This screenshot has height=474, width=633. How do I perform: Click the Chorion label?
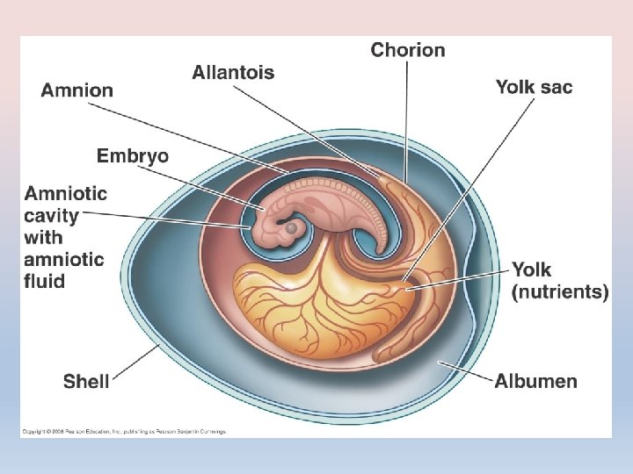point(408,49)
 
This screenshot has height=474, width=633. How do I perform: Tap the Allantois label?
point(233,73)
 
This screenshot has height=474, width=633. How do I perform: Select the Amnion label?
point(77,90)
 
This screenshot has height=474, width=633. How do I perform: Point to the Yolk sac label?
point(534,86)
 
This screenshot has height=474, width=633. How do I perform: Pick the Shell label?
point(86,381)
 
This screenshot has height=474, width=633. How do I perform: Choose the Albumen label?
point(535,381)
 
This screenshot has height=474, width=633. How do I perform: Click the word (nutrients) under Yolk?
point(560,292)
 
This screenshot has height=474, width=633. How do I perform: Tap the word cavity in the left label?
point(52,216)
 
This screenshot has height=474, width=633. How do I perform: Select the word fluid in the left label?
point(44,281)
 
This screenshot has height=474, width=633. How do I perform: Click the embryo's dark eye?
point(292,227)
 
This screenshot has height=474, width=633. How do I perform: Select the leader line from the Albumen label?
point(466,370)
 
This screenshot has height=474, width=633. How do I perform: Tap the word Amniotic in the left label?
point(66,194)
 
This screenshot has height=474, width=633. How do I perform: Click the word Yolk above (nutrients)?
point(531,270)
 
